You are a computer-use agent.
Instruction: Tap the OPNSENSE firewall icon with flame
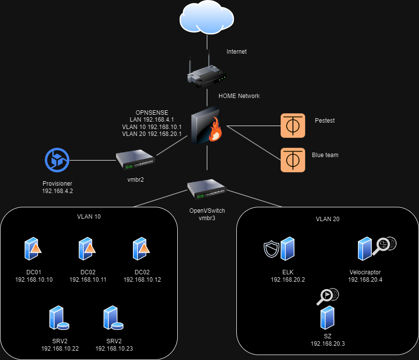pos(206,126)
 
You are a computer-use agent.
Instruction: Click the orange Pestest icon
pos(292,125)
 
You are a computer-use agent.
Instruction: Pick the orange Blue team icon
pos(292,160)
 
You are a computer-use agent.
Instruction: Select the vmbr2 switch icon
pos(135,159)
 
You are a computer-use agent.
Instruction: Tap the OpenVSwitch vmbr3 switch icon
pos(206,190)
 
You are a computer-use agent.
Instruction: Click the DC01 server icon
pos(33,249)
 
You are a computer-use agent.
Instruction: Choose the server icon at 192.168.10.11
pos(87,249)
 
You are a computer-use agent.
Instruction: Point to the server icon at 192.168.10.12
pos(141,249)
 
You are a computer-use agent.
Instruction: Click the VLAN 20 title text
pos(327,219)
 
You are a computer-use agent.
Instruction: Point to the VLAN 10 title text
pos(89,216)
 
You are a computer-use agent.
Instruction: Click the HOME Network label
pos(239,96)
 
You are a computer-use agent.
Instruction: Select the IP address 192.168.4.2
pos(58,191)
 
